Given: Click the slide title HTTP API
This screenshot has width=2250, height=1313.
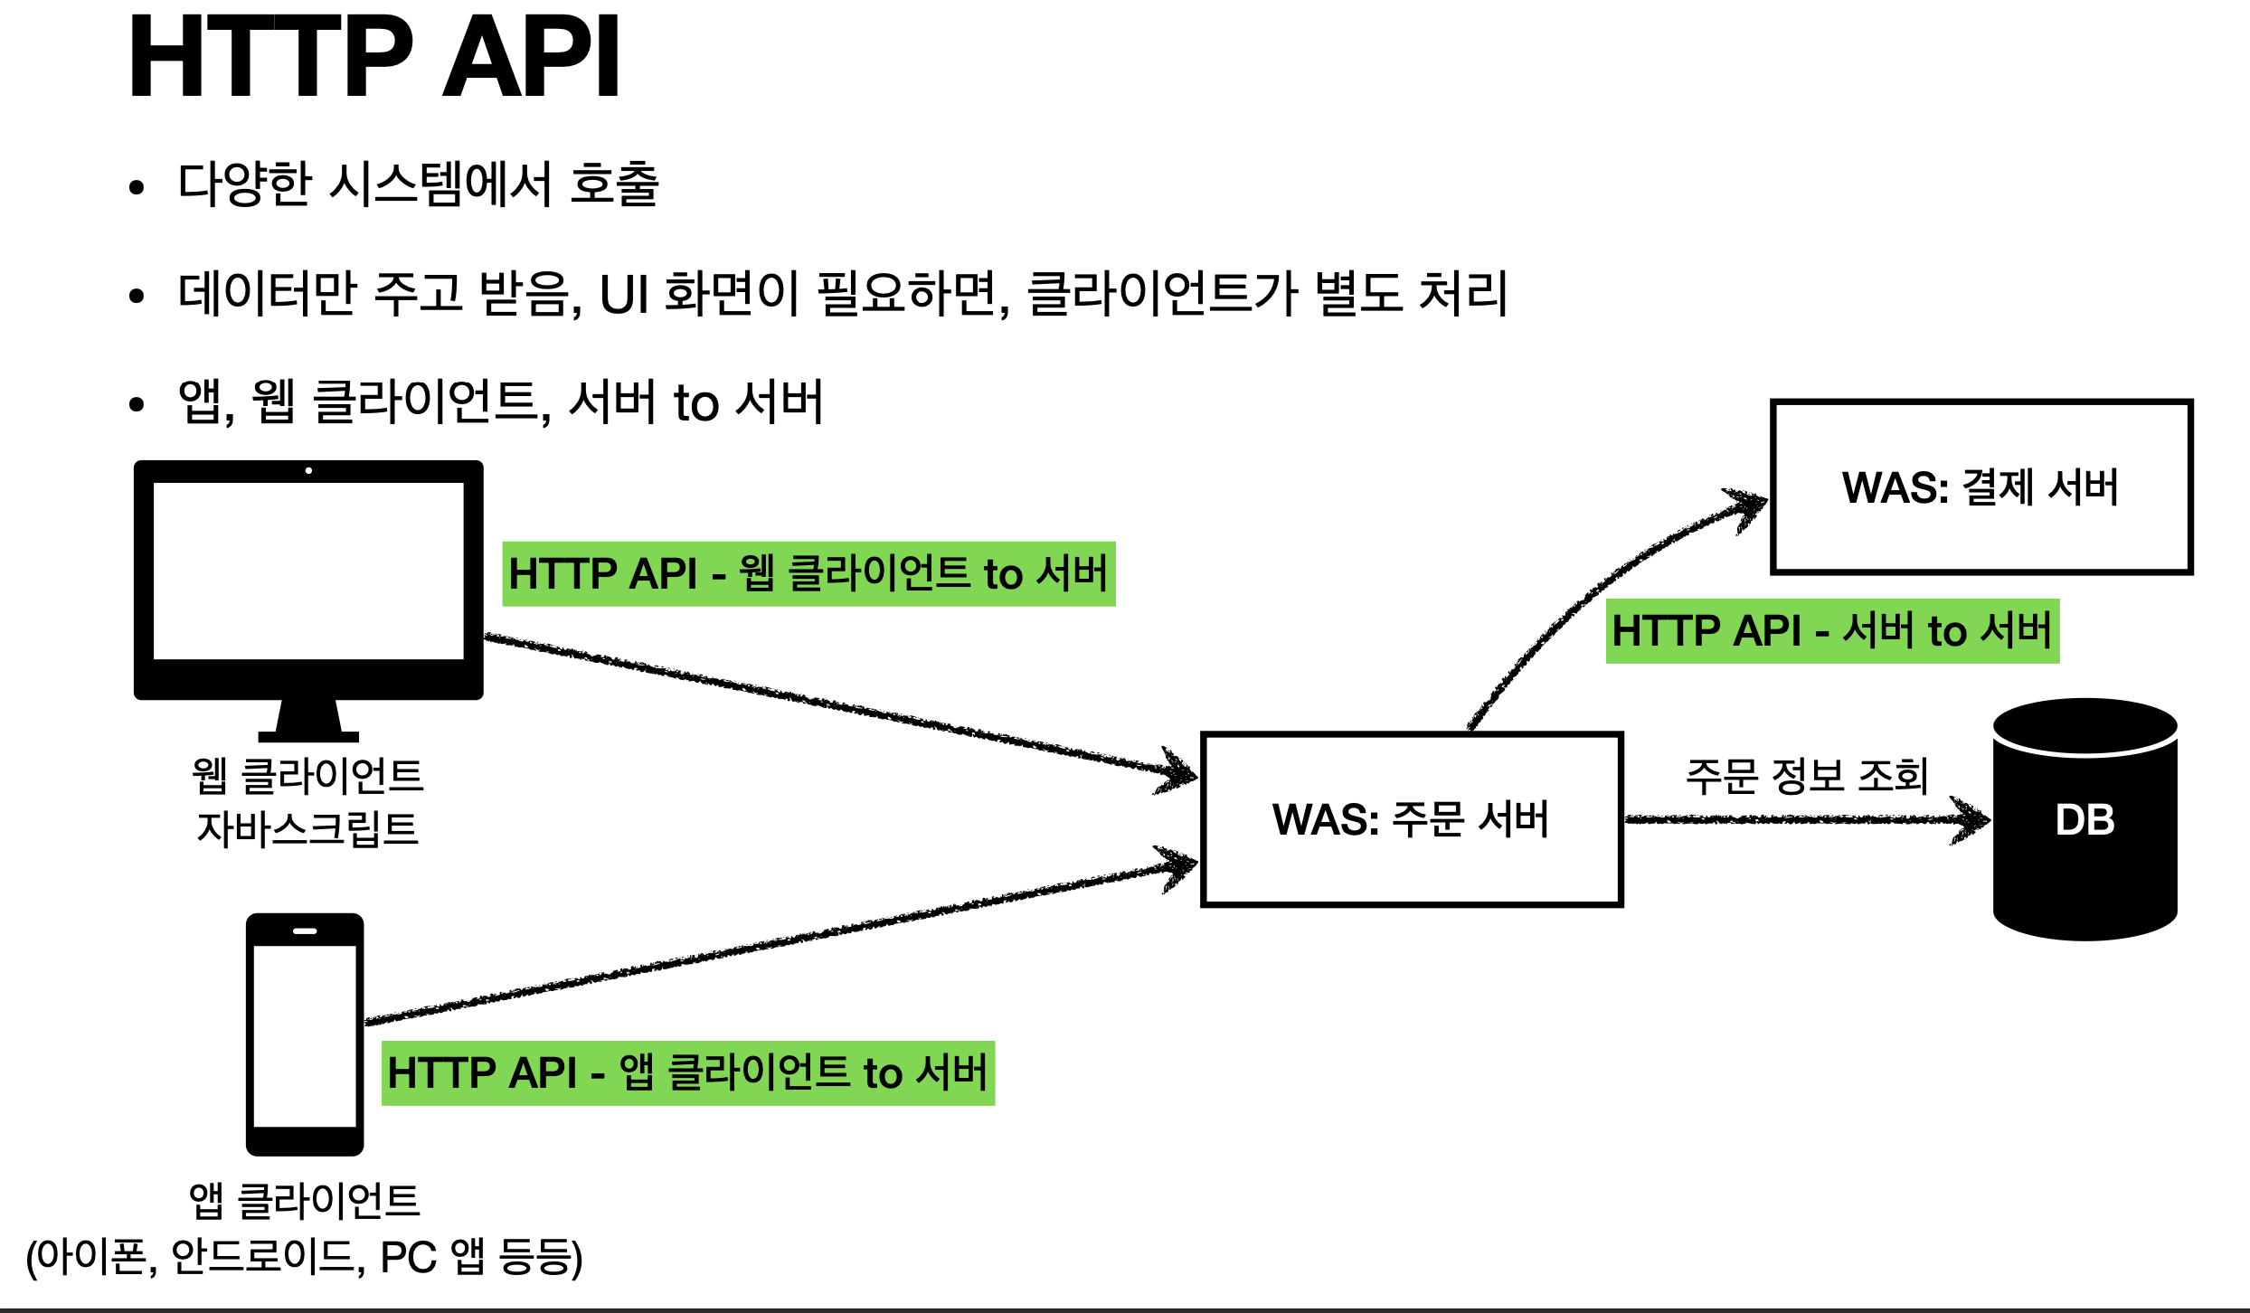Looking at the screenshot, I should tap(374, 58).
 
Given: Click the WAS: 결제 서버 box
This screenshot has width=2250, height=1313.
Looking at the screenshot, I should tap(1981, 486).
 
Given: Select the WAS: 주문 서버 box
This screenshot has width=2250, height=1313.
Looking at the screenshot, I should tap(1411, 819).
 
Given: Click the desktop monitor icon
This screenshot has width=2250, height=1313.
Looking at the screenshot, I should tap(308, 579).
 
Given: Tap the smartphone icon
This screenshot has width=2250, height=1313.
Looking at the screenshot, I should tap(305, 1034).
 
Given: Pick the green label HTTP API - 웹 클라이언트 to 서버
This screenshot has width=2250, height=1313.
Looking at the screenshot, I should tap(808, 574).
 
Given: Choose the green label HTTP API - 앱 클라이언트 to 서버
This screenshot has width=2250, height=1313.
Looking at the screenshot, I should tap(687, 1073).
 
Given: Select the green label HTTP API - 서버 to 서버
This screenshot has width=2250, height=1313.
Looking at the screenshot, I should tap(1832, 631).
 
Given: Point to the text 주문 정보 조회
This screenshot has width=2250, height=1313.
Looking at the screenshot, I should tap(1807, 776).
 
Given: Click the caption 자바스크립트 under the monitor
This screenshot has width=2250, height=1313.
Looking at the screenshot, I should tap(307, 828).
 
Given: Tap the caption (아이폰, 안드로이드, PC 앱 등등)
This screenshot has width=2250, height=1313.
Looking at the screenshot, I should tap(304, 1257).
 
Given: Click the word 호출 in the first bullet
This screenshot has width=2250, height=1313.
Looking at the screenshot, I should tap(614, 184).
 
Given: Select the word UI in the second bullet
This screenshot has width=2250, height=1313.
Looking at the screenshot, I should tap(624, 295).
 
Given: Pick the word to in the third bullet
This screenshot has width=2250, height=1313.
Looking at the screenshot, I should tap(695, 403).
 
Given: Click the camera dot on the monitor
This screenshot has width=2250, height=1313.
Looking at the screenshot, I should tap(308, 470).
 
